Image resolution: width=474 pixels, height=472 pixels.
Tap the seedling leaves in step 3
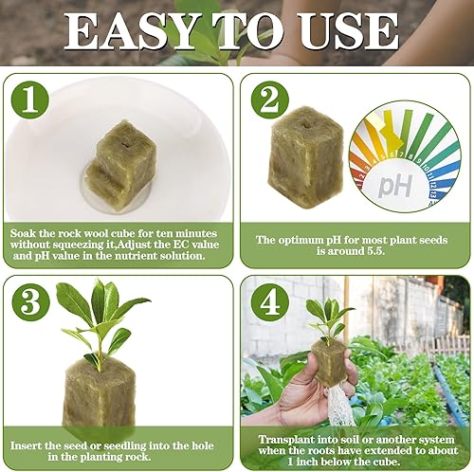click(x=100, y=313)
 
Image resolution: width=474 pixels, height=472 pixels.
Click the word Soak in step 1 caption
click(x=26, y=232)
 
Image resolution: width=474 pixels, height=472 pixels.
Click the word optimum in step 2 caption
click(x=304, y=239)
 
